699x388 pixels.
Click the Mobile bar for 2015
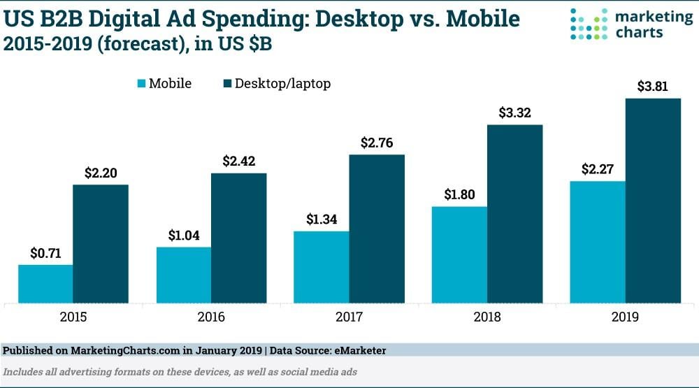(x=45, y=284)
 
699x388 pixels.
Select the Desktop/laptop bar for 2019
(x=653, y=201)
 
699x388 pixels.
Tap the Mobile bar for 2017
(x=321, y=267)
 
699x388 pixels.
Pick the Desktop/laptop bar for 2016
(x=238, y=238)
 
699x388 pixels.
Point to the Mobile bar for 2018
(x=459, y=254)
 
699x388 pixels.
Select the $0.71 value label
(x=45, y=254)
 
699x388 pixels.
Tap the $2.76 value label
(x=377, y=143)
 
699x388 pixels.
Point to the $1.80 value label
(x=459, y=195)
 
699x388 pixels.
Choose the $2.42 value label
(x=239, y=161)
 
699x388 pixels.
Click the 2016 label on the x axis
(x=211, y=317)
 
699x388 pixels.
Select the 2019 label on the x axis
(x=626, y=317)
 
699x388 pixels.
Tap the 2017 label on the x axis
(x=349, y=317)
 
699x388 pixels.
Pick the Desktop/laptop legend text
(x=282, y=84)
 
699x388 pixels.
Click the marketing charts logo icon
(x=588, y=24)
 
